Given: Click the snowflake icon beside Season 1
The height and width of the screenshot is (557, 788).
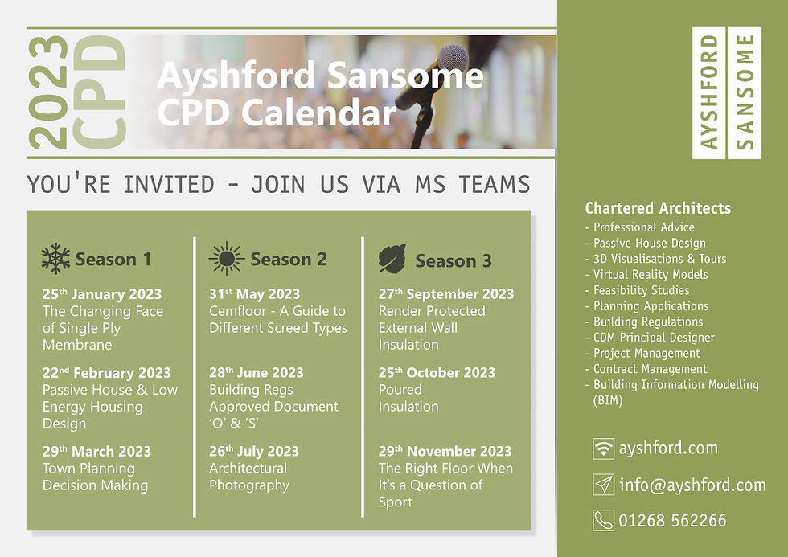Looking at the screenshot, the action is click(x=55, y=259).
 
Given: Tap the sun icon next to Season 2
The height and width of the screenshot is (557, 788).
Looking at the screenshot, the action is click(x=227, y=259).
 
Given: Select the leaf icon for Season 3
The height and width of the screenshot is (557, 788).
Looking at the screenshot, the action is click(x=392, y=259).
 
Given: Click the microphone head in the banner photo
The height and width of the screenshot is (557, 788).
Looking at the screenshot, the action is click(x=453, y=57).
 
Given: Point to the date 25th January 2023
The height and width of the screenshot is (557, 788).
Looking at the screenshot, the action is click(x=102, y=294).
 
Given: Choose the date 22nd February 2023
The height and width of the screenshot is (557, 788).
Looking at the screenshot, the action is click(x=106, y=373).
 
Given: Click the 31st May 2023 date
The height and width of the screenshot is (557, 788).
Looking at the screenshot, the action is click(x=254, y=294).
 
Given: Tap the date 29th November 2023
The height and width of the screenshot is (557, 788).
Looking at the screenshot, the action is click(x=445, y=451).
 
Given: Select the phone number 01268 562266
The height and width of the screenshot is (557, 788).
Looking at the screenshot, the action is click(x=672, y=520).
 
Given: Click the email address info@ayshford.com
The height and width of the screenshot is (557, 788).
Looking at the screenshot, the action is click(x=692, y=485).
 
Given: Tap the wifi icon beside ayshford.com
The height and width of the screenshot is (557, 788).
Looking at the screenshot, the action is click(x=603, y=448).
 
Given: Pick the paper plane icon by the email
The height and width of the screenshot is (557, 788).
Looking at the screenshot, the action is click(x=603, y=485).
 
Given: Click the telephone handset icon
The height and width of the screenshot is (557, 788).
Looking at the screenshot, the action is click(x=603, y=520).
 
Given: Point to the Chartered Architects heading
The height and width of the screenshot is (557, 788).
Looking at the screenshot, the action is click(x=658, y=208).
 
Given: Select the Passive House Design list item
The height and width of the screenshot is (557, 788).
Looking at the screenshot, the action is click(x=650, y=243).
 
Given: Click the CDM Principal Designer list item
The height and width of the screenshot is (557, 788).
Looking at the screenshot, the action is click(x=654, y=338).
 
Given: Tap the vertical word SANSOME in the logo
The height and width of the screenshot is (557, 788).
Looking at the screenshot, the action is click(x=745, y=92).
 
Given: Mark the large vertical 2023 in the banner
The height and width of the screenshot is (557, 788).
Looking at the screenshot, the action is click(x=48, y=92).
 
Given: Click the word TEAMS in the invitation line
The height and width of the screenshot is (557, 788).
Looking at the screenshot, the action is click(x=494, y=184).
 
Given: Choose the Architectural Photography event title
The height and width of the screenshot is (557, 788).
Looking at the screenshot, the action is click(x=249, y=477).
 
